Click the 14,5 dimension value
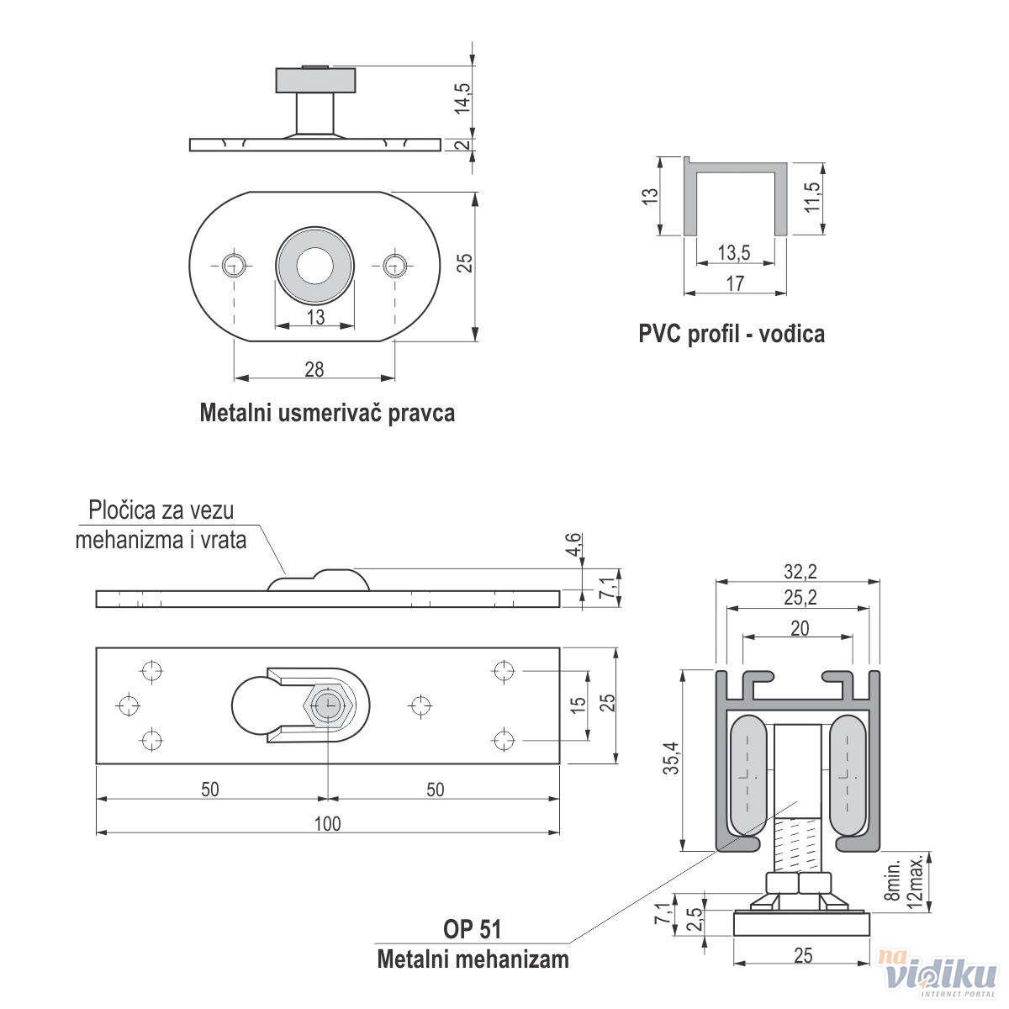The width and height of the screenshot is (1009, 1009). pyautogui.click(x=462, y=98)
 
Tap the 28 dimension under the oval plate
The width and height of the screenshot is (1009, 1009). pyautogui.click(x=314, y=368)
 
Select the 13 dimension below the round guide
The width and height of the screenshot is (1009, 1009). pyautogui.click(x=314, y=317)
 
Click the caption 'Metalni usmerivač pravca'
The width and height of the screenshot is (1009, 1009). pyautogui.click(x=327, y=413)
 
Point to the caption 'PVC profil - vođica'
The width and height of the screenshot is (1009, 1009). pyautogui.click(x=732, y=334)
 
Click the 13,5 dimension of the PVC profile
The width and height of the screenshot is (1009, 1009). pyautogui.click(x=734, y=252)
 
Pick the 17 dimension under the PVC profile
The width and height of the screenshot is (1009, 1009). pyautogui.click(x=735, y=283)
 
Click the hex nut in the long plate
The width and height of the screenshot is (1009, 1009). pyautogui.click(x=326, y=706)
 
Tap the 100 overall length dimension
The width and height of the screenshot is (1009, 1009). pyautogui.click(x=327, y=823)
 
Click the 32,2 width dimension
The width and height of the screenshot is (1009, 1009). pyautogui.click(x=799, y=572)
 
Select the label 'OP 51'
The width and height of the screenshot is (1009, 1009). pyautogui.click(x=472, y=929)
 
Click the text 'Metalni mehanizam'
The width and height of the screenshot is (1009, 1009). pyautogui.click(x=473, y=959)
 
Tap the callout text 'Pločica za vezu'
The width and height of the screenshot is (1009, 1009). pyautogui.click(x=161, y=510)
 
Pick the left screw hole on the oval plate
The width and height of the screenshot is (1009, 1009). pyautogui.click(x=234, y=266)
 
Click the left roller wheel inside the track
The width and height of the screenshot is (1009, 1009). pyautogui.click(x=746, y=773)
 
